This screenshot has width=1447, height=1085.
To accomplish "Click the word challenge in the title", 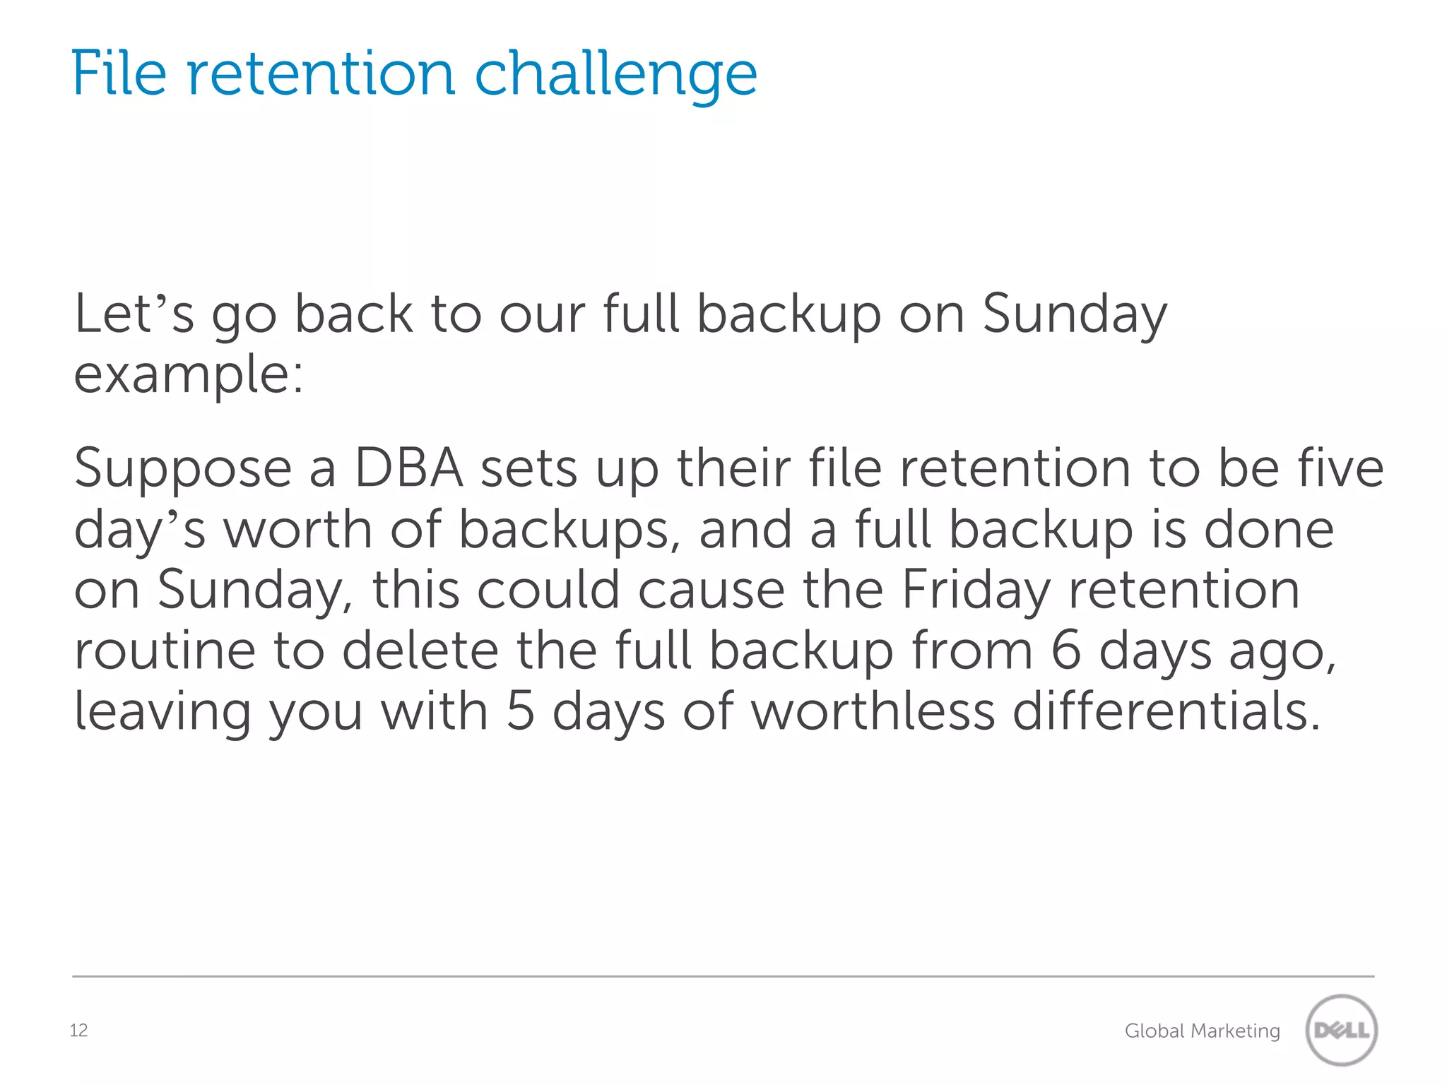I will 615,75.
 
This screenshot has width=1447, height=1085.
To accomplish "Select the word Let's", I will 134,314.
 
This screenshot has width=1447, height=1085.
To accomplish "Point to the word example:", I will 189,375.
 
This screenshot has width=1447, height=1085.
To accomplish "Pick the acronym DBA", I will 408,468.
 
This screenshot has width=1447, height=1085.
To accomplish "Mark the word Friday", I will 976,591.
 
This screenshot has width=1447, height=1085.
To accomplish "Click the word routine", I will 165,651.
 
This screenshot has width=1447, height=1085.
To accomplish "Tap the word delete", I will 420,651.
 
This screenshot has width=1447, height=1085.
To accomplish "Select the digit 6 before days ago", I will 1065,651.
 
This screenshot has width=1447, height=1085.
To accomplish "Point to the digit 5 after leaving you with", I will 520,711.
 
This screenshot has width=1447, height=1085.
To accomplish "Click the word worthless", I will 873,711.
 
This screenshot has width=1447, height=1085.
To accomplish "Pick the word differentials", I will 1166,711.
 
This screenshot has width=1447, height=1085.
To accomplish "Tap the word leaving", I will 163,713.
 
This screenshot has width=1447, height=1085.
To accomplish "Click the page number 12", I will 78,1031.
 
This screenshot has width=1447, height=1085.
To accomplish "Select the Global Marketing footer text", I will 1202,1031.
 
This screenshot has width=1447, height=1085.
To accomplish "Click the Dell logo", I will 1341,1031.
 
